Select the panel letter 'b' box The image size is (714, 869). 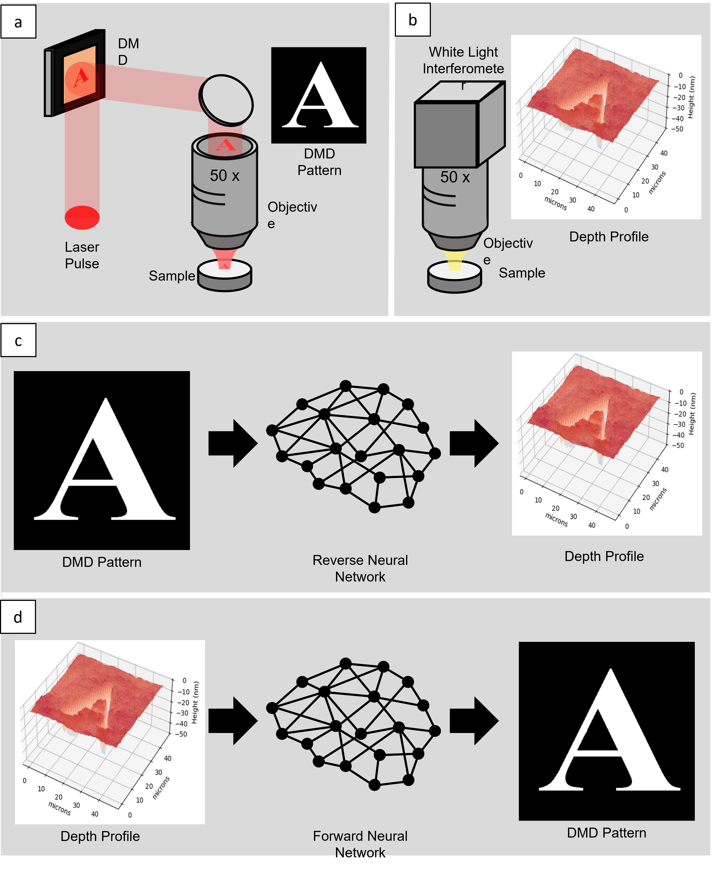coord(413,20)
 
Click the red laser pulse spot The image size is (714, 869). coord(82,217)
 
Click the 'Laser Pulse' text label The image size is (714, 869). coord(82,255)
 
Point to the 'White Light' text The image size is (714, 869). coord(463,52)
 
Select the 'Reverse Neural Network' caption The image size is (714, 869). coord(360,568)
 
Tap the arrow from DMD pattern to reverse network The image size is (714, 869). coord(233,443)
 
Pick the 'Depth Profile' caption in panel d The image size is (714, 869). coord(100,836)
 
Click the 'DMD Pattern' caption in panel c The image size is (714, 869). coord(102,562)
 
